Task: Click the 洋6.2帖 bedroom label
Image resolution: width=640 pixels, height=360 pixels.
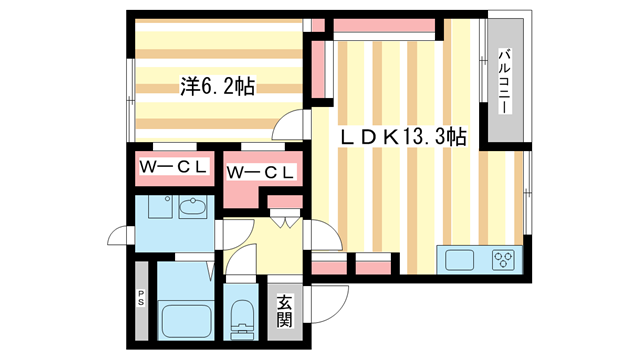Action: [218, 86]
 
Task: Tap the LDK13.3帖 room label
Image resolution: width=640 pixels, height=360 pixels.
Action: [404, 137]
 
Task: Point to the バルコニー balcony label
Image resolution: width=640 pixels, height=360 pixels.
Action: [505, 82]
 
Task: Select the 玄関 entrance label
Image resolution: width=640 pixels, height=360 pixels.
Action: [284, 311]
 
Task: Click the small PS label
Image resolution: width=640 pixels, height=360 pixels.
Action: [141, 298]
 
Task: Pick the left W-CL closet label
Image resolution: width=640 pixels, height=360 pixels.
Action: [173, 167]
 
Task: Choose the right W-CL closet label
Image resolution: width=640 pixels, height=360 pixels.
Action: [260, 172]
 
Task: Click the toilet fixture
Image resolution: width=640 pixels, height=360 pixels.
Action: [242, 320]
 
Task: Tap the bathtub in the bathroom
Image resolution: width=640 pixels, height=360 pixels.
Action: [187, 320]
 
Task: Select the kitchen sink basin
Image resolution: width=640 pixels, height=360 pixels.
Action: [459, 260]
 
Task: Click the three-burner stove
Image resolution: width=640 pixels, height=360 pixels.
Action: [503, 260]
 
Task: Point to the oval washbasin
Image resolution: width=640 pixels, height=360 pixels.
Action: [193, 206]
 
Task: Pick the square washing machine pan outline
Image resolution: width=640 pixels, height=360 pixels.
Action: [160, 206]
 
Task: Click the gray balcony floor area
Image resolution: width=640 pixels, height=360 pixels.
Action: [505, 80]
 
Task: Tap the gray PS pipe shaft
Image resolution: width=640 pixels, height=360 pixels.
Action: [142, 300]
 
